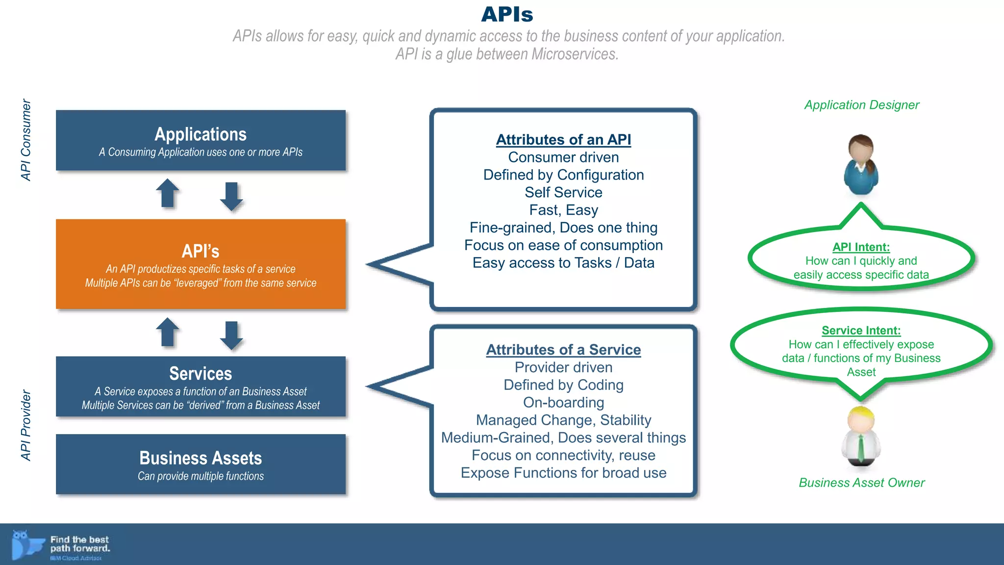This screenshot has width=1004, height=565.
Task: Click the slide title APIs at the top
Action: click(507, 14)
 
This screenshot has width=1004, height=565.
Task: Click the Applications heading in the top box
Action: click(201, 134)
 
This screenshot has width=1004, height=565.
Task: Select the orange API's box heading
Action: click(201, 251)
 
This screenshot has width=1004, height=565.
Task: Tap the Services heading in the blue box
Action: click(201, 374)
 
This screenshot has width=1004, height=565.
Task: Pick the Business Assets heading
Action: click(201, 458)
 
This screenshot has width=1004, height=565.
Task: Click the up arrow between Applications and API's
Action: click(168, 193)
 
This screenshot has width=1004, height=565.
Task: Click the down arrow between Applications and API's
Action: click(231, 196)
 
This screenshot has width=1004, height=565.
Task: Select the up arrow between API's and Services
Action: click(168, 333)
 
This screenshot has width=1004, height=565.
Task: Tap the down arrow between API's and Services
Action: click(231, 335)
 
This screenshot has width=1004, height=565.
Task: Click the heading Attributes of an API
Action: click(563, 140)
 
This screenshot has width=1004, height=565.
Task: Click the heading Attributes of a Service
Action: click(563, 350)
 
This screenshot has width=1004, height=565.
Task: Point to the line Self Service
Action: click(563, 192)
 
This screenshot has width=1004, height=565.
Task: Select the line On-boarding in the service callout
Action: click(563, 403)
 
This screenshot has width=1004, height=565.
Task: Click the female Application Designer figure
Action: click(861, 165)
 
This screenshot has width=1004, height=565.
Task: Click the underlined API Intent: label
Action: click(861, 247)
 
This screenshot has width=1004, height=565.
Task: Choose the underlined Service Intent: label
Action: click(861, 331)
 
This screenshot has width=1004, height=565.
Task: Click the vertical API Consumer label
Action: click(26, 140)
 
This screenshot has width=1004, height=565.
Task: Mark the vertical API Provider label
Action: click(26, 425)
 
